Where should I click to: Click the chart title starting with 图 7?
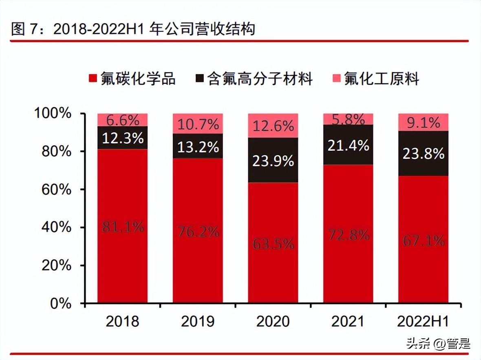point(133,29)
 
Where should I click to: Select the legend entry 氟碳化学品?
point(132,78)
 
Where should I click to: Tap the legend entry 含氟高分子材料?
point(254,78)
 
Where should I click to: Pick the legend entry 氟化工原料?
point(375,78)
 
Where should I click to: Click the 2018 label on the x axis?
point(122,321)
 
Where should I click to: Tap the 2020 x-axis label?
point(273,321)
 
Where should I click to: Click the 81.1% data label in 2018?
point(123,227)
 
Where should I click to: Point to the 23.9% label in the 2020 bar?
point(273,160)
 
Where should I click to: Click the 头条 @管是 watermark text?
point(438,344)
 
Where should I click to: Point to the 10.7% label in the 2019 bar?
point(198,124)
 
